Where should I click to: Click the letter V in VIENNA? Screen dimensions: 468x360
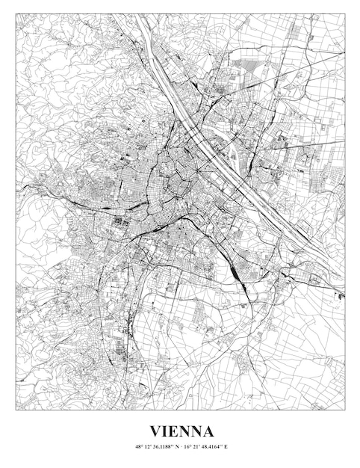tap(155, 431)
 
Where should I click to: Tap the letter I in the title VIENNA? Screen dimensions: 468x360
tap(165, 431)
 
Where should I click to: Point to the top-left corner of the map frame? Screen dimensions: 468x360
tap(16, 13)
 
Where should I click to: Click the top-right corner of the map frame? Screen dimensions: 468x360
tap(345, 13)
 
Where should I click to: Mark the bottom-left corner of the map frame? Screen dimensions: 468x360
tap(16, 410)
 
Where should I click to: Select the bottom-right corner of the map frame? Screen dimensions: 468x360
tap(345, 410)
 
